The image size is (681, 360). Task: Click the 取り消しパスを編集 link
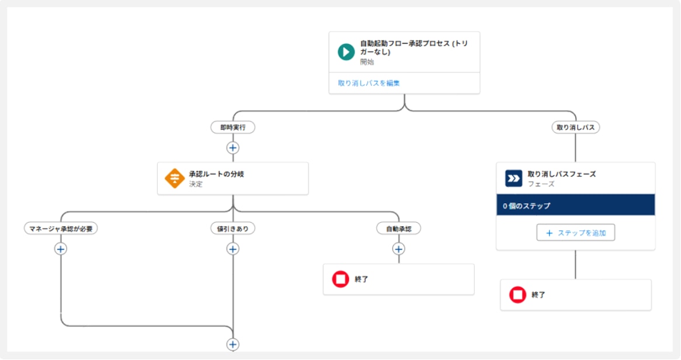click(369, 83)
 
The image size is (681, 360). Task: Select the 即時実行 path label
click(232, 127)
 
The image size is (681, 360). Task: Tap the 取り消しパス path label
click(576, 127)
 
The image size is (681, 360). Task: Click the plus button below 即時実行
click(232, 148)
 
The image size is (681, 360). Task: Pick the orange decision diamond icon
click(175, 179)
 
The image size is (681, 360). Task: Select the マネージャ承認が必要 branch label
click(61, 229)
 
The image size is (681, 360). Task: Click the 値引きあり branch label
click(232, 229)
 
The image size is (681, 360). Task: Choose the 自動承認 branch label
click(399, 229)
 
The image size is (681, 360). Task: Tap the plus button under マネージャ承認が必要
click(61, 249)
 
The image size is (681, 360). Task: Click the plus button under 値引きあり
click(232, 249)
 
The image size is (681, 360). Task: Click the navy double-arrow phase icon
click(513, 178)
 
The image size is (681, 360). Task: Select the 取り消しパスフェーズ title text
click(561, 174)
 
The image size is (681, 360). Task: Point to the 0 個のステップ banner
click(575, 206)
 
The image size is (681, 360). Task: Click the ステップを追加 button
click(575, 233)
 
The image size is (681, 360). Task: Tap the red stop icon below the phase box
click(517, 295)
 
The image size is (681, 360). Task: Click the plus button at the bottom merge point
click(232, 344)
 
